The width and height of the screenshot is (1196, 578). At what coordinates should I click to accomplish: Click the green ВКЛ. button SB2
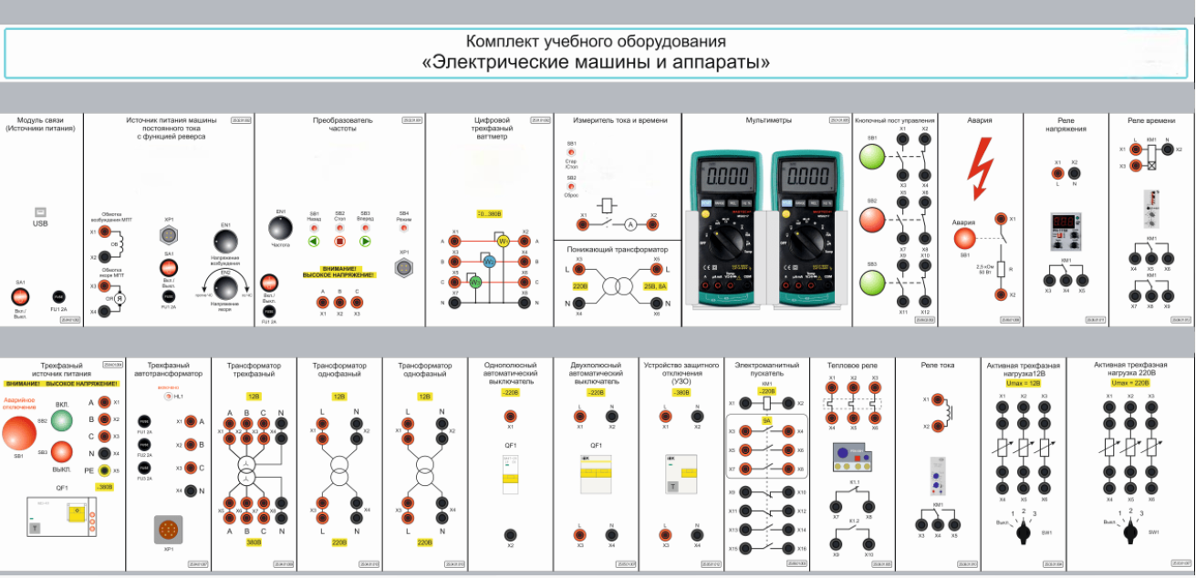tap(62, 420)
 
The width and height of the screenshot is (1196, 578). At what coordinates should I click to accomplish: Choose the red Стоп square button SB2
tap(339, 242)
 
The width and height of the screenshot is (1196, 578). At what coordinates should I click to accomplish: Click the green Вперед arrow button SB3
tap(365, 242)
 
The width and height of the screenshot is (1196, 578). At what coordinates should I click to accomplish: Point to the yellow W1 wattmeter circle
tap(501, 241)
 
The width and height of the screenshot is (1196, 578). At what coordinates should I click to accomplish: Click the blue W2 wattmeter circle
tap(488, 262)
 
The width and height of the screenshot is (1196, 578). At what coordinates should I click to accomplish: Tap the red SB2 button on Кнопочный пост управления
tap(872, 220)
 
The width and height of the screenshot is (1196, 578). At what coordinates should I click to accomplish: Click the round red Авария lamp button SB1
tap(965, 239)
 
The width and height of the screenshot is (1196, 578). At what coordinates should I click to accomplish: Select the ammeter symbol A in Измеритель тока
tap(629, 222)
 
